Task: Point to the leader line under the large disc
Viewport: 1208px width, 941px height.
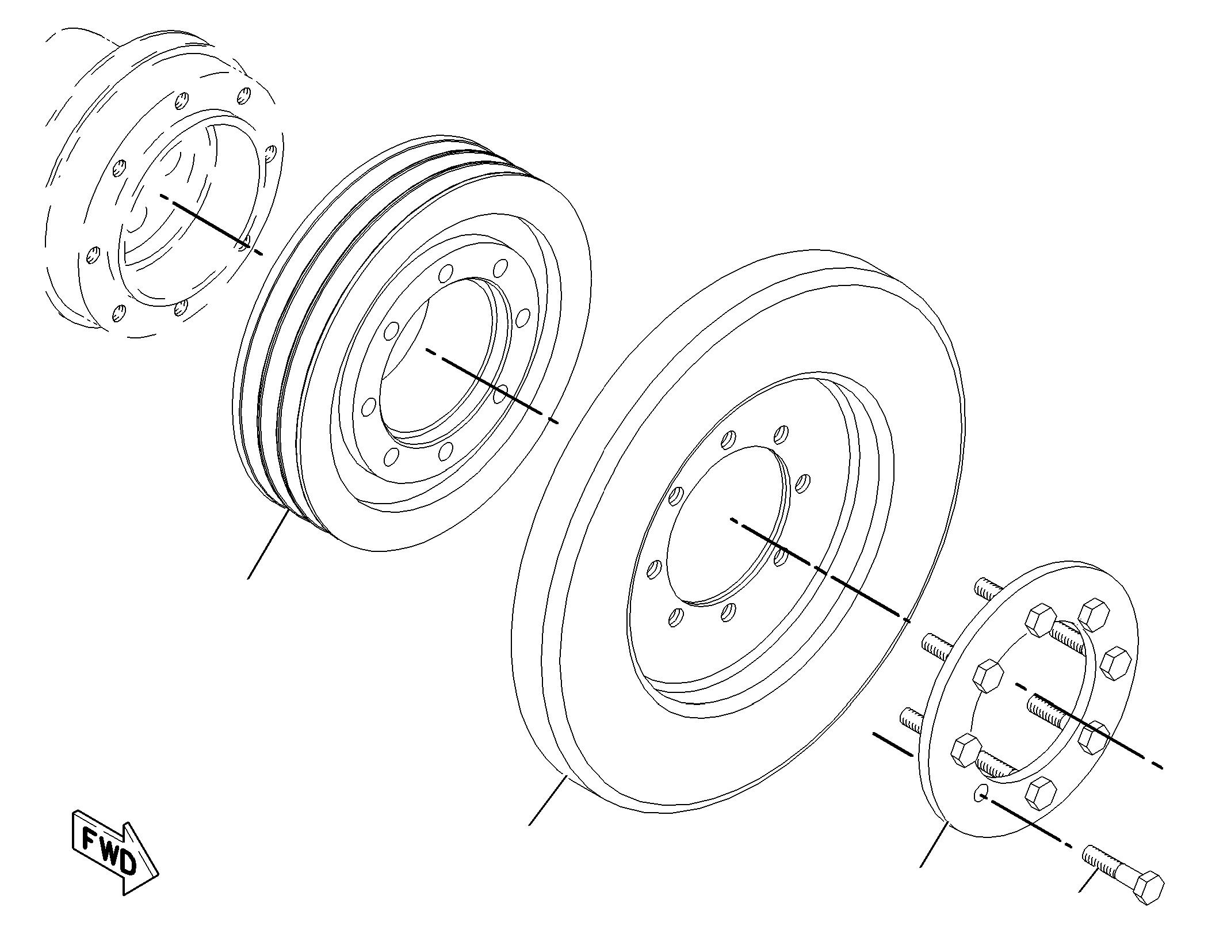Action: coord(548,800)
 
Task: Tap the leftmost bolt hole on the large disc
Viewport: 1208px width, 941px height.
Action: coord(653,569)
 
